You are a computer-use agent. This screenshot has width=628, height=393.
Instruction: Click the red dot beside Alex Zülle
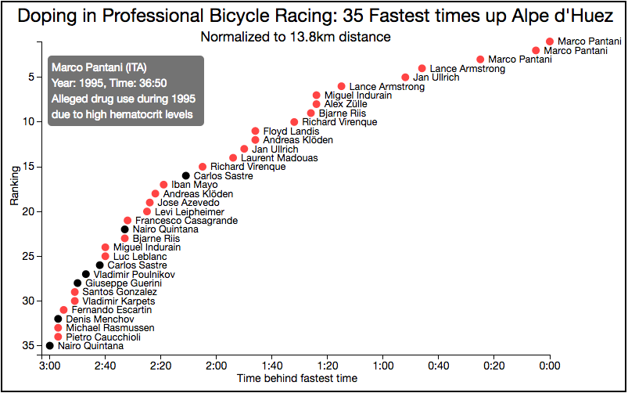317,104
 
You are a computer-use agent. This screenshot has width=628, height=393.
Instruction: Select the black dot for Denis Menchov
58,319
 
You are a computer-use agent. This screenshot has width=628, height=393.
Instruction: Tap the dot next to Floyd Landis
255,132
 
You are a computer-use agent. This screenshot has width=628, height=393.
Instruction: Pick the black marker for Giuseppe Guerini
77,283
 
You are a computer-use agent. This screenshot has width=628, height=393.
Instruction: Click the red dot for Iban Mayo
163,185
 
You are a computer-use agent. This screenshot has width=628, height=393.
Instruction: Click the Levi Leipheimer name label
189,212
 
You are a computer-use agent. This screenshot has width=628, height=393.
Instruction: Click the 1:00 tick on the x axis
383,365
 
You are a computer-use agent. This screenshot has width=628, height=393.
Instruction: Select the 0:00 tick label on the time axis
550,365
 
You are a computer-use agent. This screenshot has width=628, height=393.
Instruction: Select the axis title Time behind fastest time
297,378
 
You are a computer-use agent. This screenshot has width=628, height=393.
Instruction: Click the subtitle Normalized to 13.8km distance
296,37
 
